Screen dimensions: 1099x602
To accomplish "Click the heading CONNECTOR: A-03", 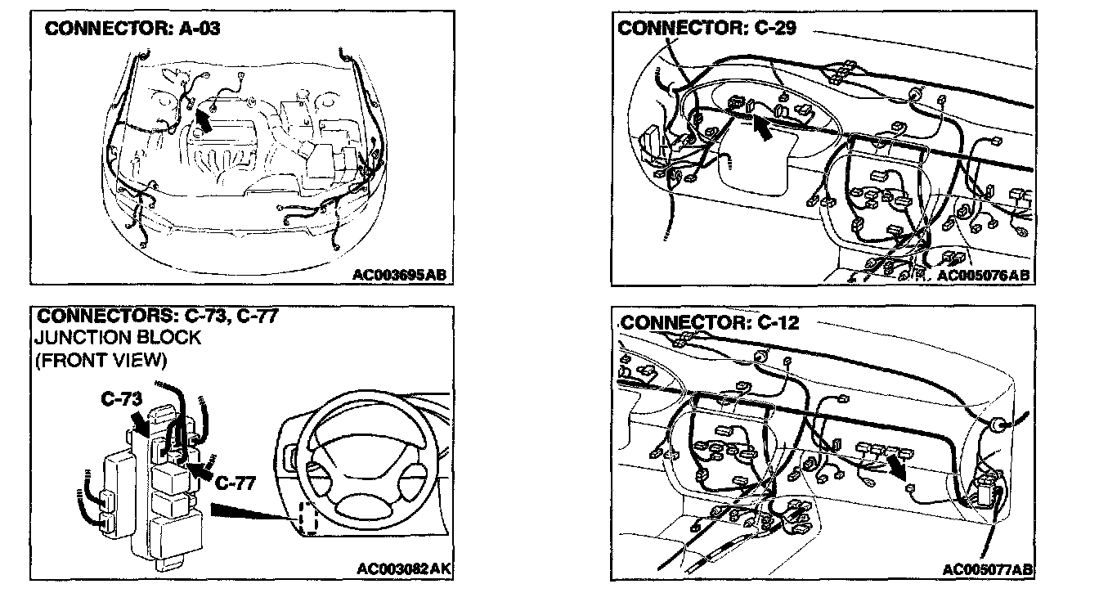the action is coord(132,29).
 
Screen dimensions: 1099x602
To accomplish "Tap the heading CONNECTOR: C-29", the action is coord(706,28).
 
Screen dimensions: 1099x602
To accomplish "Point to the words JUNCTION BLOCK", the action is coord(119,337).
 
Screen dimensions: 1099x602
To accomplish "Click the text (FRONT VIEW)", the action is coord(101,359).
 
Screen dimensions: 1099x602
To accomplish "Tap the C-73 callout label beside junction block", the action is coord(123,399).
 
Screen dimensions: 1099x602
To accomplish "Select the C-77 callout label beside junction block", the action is coord(235,483).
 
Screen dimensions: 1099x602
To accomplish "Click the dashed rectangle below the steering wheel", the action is coord(308,519).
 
